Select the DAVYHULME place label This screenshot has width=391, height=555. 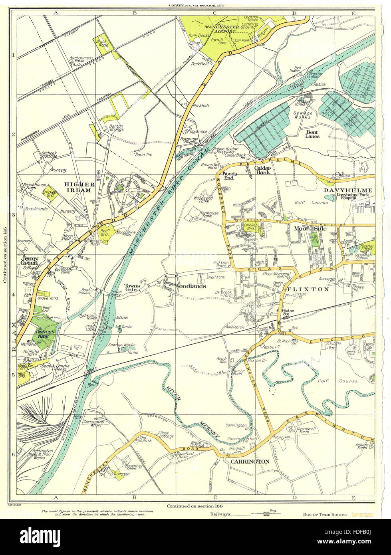[x=348, y=190]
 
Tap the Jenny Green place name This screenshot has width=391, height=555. [x=30, y=260]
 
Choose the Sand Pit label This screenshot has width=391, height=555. [x=142, y=154]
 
